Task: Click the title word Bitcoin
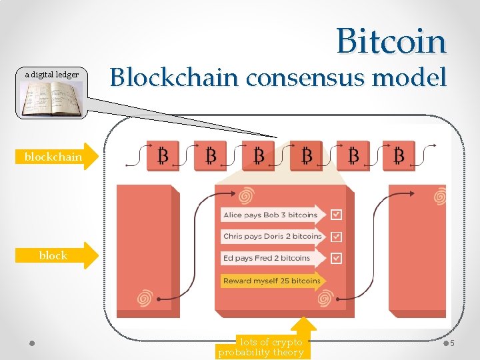pyautogui.click(x=391, y=41)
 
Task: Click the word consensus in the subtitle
pyautogui.click(x=306, y=79)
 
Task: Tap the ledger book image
pyautogui.click(x=52, y=99)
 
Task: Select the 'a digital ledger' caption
pyautogui.click(x=52, y=75)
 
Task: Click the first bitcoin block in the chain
pyautogui.click(x=162, y=156)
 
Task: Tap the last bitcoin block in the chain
pyautogui.click(x=399, y=156)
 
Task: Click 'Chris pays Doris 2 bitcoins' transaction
pyautogui.click(x=272, y=236)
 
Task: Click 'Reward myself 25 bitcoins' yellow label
pyautogui.click(x=272, y=281)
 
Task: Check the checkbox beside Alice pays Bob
pyautogui.click(x=336, y=215)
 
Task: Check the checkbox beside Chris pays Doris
pyautogui.click(x=336, y=236)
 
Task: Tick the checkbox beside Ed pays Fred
pyautogui.click(x=336, y=258)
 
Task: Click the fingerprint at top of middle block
pyautogui.click(x=246, y=195)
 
